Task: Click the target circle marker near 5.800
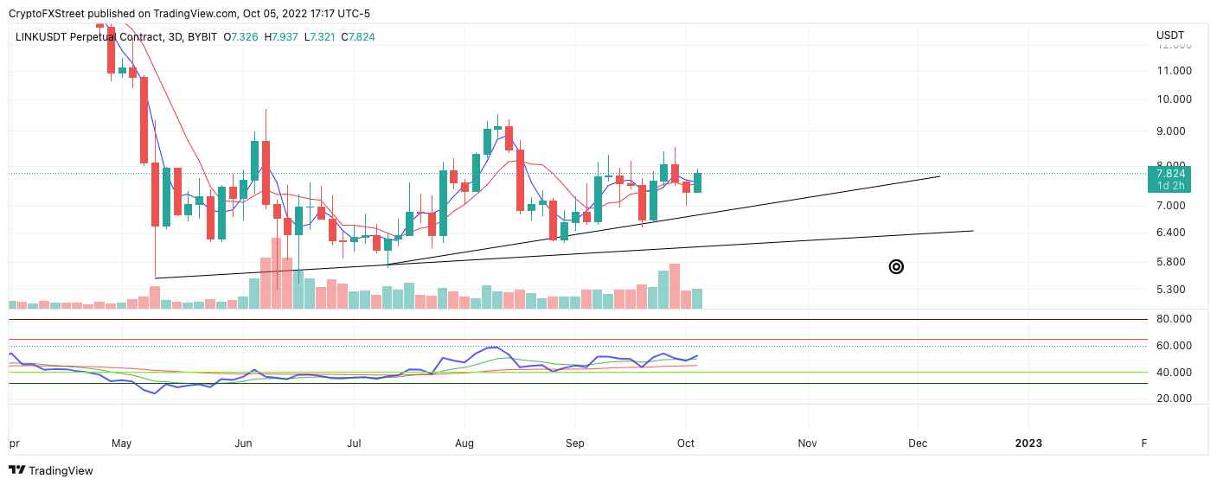click(x=896, y=267)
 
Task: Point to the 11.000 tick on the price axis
click(x=1174, y=71)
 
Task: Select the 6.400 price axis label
click(x=1171, y=233)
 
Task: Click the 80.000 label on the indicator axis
click(x=1174, y=319)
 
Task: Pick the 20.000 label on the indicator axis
click(x=1174, y=399)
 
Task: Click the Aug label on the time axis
click(x=464, y=444)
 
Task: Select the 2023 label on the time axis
click(x=1028, y=444)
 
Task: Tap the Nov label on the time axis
click(x=807, y=444)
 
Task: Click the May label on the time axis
click(x=122, y=444)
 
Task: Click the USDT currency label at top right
click(x=1169, y=35)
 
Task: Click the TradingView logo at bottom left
click(x=51, y=471)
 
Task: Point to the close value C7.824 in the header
click(x=358, y=37)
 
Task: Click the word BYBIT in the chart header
click(x=203, y=37)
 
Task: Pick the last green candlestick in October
click(x=697, y=182)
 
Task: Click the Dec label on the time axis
click(x=918, y=444)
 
